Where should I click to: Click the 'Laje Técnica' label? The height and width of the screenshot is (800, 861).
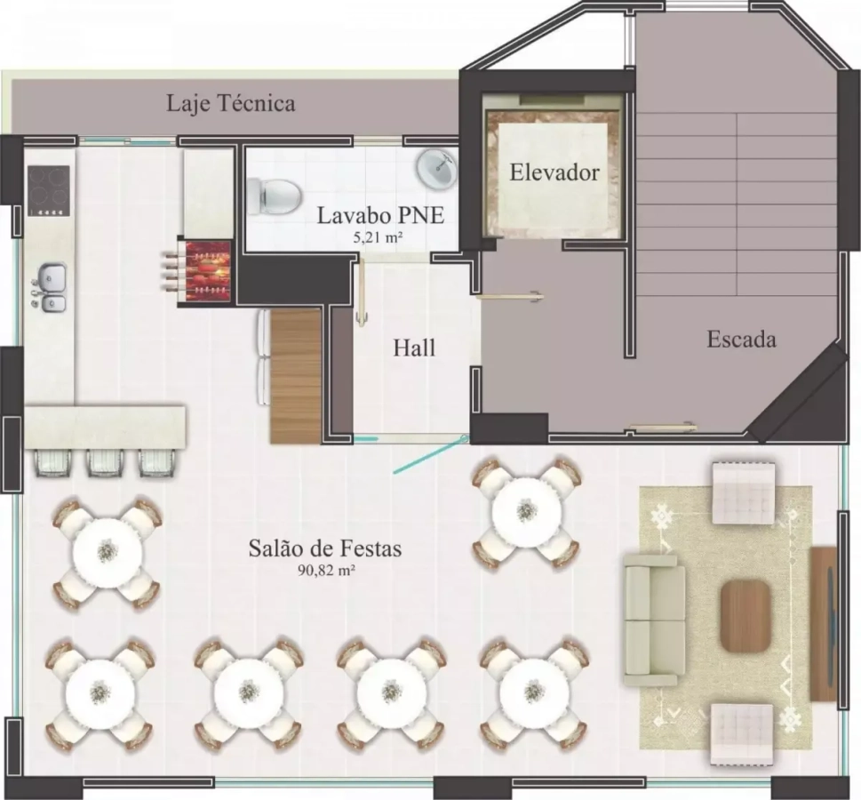click(231, 103)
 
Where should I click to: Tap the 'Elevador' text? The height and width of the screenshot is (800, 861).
click(554, 172)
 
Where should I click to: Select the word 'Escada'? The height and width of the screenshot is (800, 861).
click(741, 339)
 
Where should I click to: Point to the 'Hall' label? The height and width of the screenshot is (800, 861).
click(414, 348)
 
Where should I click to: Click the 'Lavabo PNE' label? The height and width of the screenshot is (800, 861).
click(380, 215)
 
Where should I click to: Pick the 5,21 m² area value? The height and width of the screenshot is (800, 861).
click(380, 237)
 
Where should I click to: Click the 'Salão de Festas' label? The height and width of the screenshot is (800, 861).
click(325, 548)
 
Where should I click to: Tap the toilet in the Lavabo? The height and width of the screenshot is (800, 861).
click(274, 196)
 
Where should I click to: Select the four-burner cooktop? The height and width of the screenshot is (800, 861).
click(49, 190)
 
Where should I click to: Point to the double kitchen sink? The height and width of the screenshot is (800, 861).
click(51, 288)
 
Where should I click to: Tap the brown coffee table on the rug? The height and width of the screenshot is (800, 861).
click(745, 616)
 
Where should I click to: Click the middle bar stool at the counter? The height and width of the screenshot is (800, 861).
click(104, 462)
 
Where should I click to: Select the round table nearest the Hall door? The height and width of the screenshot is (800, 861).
click(527, 511)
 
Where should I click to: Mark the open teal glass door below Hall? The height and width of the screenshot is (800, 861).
click(431, 455)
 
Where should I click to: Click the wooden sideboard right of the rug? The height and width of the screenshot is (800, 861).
click(823, 624)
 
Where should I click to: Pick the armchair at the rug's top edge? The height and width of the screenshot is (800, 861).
click(744, 492)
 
